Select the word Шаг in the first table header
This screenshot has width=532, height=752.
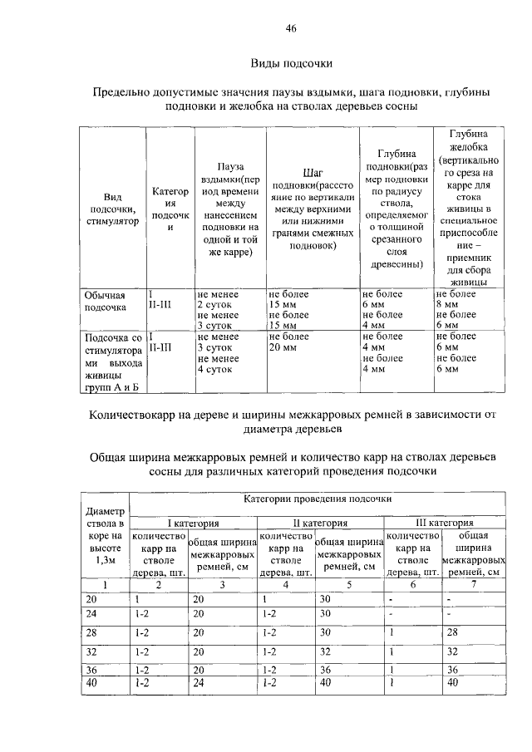point(313,172)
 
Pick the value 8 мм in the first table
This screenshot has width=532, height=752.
point(447,304)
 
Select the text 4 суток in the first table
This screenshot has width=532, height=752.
point(214,368)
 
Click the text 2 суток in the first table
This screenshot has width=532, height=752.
point(214,304)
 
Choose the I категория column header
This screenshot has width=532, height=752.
point(193,523)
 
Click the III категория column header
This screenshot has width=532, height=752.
point(444,523)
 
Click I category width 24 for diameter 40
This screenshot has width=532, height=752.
point(198,682)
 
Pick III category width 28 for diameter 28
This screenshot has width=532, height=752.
point(453,632)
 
